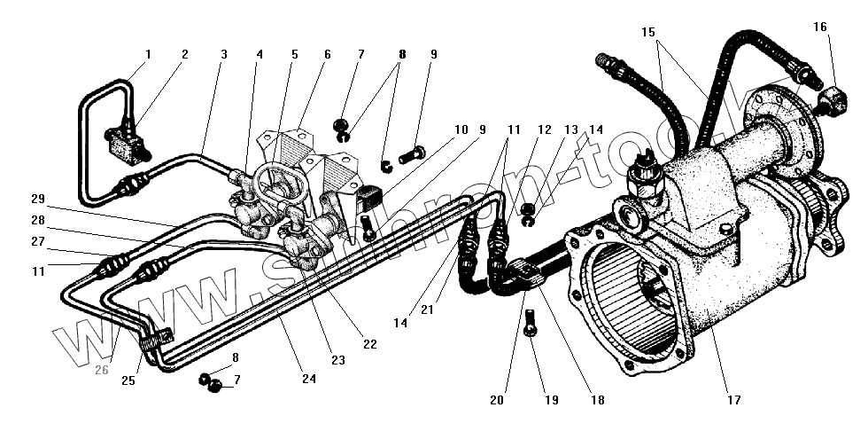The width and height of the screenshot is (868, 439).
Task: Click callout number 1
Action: coord(148,55)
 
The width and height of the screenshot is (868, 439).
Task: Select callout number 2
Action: coord(185,55)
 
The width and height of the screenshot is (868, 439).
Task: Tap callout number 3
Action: coord(223,55)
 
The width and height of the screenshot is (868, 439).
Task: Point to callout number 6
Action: coord(327,55)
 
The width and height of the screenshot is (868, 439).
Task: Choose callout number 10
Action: coord(461,129)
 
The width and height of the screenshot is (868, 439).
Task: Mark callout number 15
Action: coord(648,32)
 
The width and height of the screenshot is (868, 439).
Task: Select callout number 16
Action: coord(820,27)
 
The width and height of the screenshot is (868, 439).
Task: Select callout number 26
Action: coord(101,371)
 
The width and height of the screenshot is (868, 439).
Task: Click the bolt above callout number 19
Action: coord(529,324)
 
